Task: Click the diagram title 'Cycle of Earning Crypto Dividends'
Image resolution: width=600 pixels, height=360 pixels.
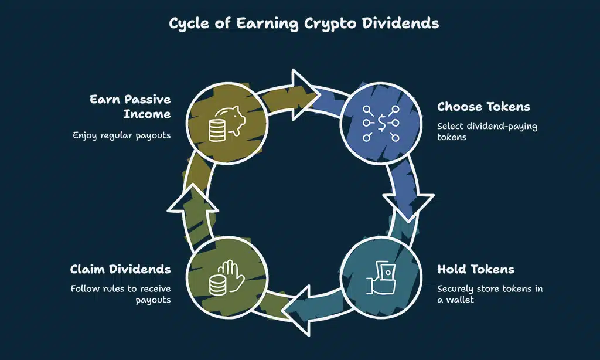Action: point(300,23)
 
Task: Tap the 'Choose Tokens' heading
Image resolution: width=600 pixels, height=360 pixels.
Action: point(483,107)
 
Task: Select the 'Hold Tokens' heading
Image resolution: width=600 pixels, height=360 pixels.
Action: point(476,270)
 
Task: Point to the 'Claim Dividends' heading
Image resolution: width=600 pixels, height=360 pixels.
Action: point(120,270)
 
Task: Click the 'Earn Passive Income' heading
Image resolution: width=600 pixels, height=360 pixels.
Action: point(130,106)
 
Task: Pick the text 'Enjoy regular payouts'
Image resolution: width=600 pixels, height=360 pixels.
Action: point(122,135)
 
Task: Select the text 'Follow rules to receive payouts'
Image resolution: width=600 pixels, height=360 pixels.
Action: point(121,294)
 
